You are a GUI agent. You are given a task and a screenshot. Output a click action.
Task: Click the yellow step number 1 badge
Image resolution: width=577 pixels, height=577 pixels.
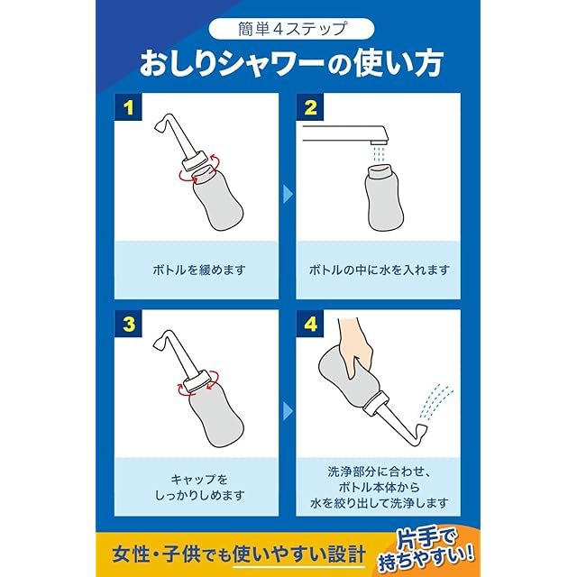[x=128, y=107]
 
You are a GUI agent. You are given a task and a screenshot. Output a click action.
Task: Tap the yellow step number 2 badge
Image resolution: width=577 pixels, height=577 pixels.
[x=310, y=107]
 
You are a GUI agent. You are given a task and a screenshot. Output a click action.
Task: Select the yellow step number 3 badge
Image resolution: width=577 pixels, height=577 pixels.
[x=128, y=324]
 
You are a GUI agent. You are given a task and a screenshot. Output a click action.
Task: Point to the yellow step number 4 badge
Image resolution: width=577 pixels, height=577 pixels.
[x=310, y=324]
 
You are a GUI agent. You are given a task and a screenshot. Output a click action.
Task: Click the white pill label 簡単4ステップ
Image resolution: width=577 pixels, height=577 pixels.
[x=291, y=29]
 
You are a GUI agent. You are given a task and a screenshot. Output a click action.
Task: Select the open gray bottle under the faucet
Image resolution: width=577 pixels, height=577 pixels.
[x=384, y=199]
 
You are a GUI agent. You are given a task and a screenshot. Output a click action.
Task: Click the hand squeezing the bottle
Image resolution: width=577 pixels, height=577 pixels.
[x=355, y=346]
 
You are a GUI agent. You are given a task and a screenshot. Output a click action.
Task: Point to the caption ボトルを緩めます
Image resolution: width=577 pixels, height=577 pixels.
[x=198, y=270]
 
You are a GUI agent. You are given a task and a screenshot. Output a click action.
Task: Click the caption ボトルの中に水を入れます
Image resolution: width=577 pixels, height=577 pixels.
[x=379, y=270]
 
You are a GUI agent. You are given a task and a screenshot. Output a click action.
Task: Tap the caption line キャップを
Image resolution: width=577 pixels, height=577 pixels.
[x=198, y=480]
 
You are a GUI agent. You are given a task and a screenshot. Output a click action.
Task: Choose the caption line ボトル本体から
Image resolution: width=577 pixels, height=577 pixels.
[x=379, y=487]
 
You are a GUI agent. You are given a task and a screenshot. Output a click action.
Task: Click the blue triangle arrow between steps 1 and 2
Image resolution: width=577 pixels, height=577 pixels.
[x=288, y=194]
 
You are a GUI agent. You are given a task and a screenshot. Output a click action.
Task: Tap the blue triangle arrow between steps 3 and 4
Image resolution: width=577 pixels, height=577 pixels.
[x=288, y=411]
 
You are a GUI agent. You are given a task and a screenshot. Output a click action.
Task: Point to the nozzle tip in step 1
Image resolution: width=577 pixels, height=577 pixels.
[x=160, y=126]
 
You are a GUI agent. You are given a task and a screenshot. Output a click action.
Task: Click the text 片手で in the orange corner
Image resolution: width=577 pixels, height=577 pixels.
[x=426, y=540]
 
